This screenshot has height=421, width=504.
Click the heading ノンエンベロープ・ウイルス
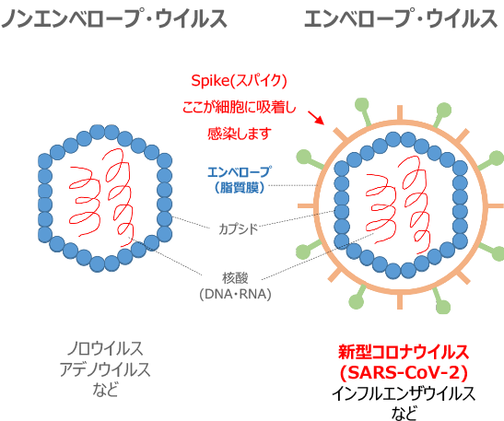point(114,18)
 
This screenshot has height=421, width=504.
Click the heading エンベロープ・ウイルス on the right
point(401,18)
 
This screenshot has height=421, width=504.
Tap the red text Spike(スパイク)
point(239,81)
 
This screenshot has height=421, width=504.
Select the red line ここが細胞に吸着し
point(239,107)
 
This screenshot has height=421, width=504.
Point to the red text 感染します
point(240,133)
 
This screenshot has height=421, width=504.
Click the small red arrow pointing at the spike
point(316,118)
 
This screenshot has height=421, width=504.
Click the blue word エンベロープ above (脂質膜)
point(240,172)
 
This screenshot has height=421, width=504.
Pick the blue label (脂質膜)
point(240,187)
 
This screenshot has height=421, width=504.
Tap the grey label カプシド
point(238,229)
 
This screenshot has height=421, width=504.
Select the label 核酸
point(235,278)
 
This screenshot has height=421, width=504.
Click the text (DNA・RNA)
point(235,294)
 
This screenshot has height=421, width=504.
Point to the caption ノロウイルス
point(105,348)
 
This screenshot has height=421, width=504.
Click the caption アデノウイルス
point(105,368)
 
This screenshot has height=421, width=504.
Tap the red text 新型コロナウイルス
point(404,352)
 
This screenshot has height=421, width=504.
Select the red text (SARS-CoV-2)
point(404,372)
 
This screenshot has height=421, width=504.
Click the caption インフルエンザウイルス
point(404,393)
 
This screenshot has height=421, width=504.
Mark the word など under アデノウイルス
point(105,389)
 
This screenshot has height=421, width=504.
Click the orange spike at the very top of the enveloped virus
point(400,112)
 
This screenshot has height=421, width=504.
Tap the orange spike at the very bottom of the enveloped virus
point(400,301)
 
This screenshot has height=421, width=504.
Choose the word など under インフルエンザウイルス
point(404,413)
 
